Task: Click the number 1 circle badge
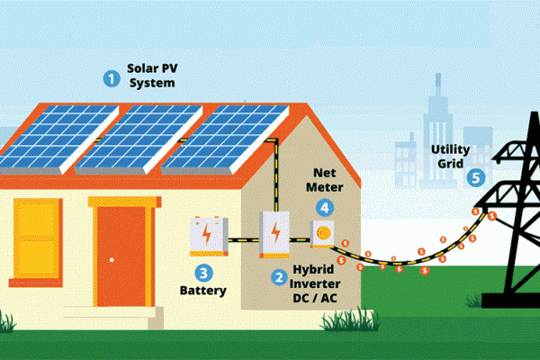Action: (x=112, y=78)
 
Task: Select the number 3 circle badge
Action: (x=204, y=271)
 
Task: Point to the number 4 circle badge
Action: (x=321, y=203)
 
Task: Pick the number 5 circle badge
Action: (x=476, y=177)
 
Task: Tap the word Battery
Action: (x=203, y=291)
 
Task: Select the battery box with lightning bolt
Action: (x=209, y=237)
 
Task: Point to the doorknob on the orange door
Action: (x=111, y=259)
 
